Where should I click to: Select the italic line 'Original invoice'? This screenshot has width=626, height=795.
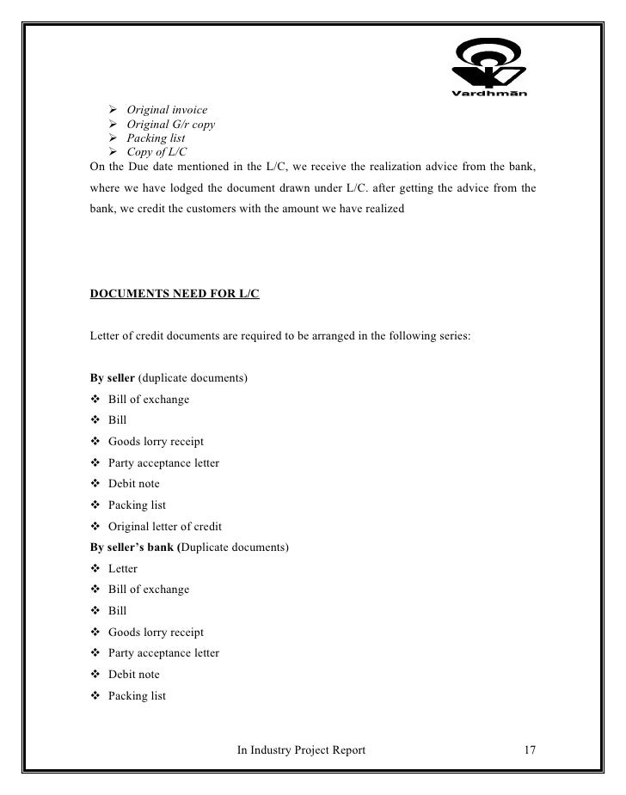click(167, 110)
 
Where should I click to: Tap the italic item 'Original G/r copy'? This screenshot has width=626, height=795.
click(170, 125)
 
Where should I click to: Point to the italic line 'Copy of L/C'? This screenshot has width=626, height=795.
click(157, 152)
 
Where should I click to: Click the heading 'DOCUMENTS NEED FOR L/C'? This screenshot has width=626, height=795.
click(175, 294)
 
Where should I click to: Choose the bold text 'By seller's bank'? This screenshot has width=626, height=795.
click(132, 547)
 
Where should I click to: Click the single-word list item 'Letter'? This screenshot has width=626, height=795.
click(123, 569)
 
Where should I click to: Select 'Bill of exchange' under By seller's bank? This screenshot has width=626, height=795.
click(149, 590)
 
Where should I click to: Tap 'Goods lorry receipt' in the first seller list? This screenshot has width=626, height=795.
click(156, 442)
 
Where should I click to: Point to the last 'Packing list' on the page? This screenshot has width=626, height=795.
click(137, 695)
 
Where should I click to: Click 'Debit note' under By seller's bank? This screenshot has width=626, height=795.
click(133, 675)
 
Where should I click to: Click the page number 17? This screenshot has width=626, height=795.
click(530, 750)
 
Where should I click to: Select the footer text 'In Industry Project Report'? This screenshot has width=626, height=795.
click(301, 750)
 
